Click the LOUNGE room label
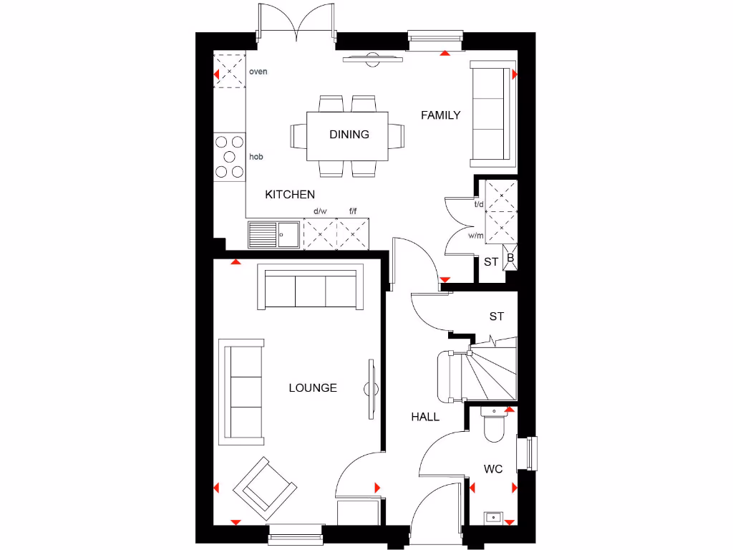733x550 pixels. click(313, 388)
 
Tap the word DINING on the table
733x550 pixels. click(349, 134)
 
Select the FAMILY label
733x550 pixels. click(440, 115)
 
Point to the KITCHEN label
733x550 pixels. click(290, 194)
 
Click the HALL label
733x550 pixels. click(425, 417)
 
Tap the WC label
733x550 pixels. click(493, 469)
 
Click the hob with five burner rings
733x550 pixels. click(230, 156)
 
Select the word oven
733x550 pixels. click(258, 72)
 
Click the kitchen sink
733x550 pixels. click(275, 234)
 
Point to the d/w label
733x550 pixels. click(320, 211)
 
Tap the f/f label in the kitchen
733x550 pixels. click(353, 211)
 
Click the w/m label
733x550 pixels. click(475, 235)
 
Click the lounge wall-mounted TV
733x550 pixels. click(372, 389)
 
